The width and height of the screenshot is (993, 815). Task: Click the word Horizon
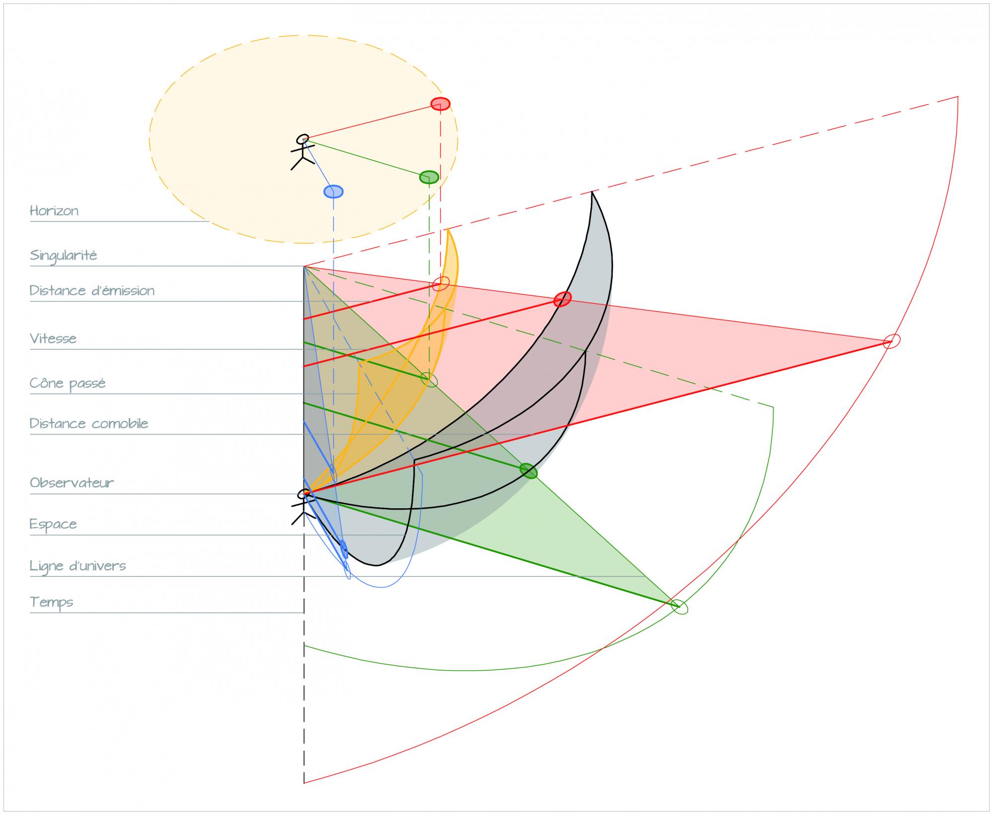(x=54, y=210)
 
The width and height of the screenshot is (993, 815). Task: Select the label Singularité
(x=63, y=256)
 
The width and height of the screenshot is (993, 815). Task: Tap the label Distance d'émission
(x=92, y=290)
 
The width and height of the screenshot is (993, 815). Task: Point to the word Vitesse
(x=53, y=339)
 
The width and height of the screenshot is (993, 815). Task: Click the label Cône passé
(x=68, y=383)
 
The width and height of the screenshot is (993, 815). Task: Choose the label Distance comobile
(x=89, y=423)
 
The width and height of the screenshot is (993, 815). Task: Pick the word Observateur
(x=72, y=482)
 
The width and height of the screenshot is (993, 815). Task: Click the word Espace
(x=53, y=524)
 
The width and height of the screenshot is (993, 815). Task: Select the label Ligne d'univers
(x=78, y=566)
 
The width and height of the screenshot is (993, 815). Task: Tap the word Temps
(x=52, y=602)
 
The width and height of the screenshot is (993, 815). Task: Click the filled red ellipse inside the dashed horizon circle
(x=440, y=104)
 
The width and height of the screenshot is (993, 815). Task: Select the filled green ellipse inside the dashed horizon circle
(x=429, y=177)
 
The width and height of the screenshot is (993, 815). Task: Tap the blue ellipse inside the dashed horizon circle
(x=334, y=192)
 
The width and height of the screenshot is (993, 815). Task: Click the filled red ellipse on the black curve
(x=563, y=299)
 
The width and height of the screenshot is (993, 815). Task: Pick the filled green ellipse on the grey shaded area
(x=528, y=471)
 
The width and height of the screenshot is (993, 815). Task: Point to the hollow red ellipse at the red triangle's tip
(x=892, y=341)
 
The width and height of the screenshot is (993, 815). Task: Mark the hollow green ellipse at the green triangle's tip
(x=679, y=607)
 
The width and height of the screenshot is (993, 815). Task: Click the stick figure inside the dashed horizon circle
(x=302, y=151)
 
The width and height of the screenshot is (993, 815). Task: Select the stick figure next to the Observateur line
(x=302, y=506)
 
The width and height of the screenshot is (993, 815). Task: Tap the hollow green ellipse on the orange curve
(x=430, y=380)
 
